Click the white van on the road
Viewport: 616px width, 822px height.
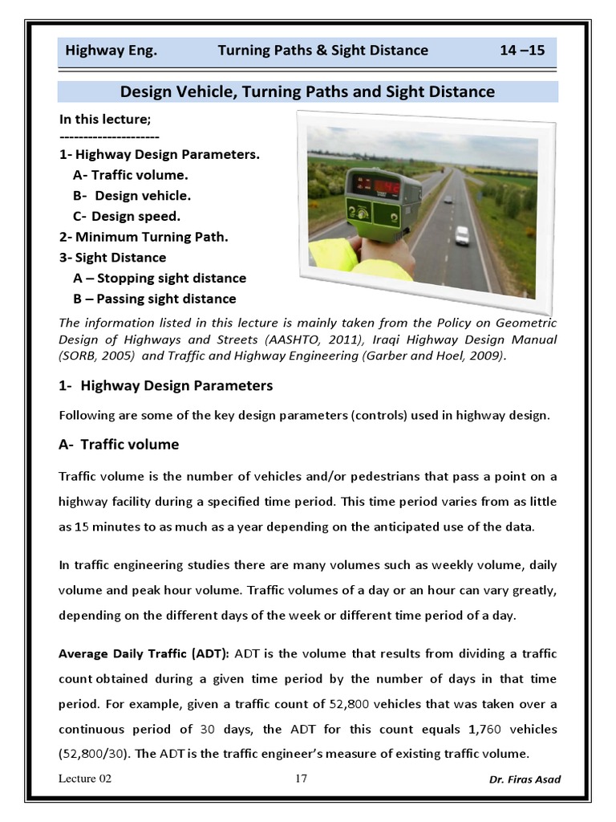[462, 235]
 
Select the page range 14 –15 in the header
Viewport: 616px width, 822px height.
[521, 51]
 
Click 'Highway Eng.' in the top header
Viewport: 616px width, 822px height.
[111, 51]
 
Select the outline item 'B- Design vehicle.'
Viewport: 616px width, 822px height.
[132, 196]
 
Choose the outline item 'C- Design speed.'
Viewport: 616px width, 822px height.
[126, 216]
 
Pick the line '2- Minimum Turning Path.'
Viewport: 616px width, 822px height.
[144, 237]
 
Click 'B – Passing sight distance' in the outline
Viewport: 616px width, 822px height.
[154, 299]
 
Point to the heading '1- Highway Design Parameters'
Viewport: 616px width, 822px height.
[166, 386]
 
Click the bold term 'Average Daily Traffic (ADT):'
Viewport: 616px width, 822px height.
[144, 652]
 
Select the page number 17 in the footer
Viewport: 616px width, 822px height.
[302, 778]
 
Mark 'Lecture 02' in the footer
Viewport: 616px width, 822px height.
[84, 779]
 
